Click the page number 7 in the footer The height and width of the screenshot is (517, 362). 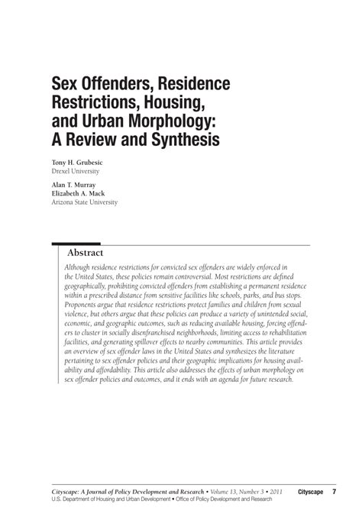coord(334,493)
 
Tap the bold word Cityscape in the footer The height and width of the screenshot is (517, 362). coord(312,493)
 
